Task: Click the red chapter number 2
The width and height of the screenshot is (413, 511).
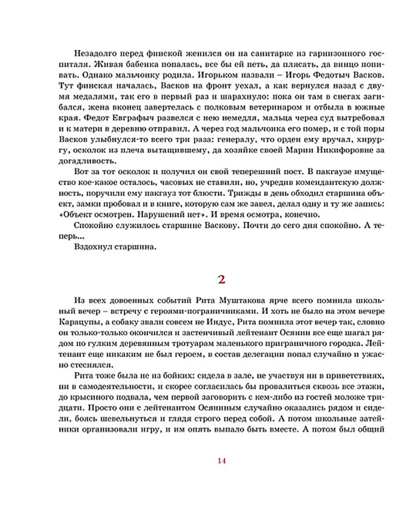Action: [221, 280]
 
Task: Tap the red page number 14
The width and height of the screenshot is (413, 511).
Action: [221, 461]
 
